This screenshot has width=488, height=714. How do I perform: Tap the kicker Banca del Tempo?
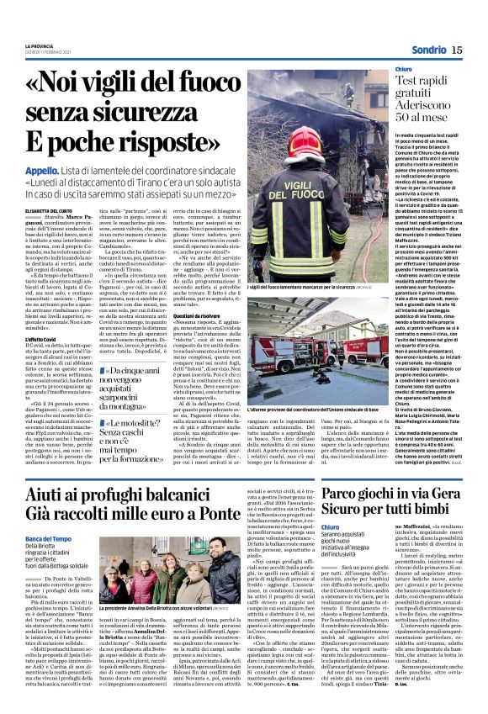48,538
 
